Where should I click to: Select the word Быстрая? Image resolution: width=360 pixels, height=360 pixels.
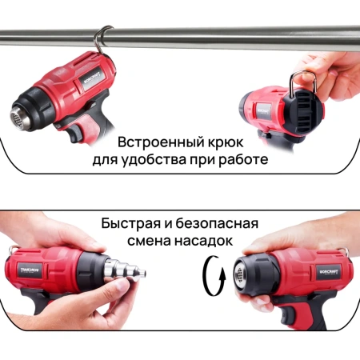[x=132, y=222]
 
